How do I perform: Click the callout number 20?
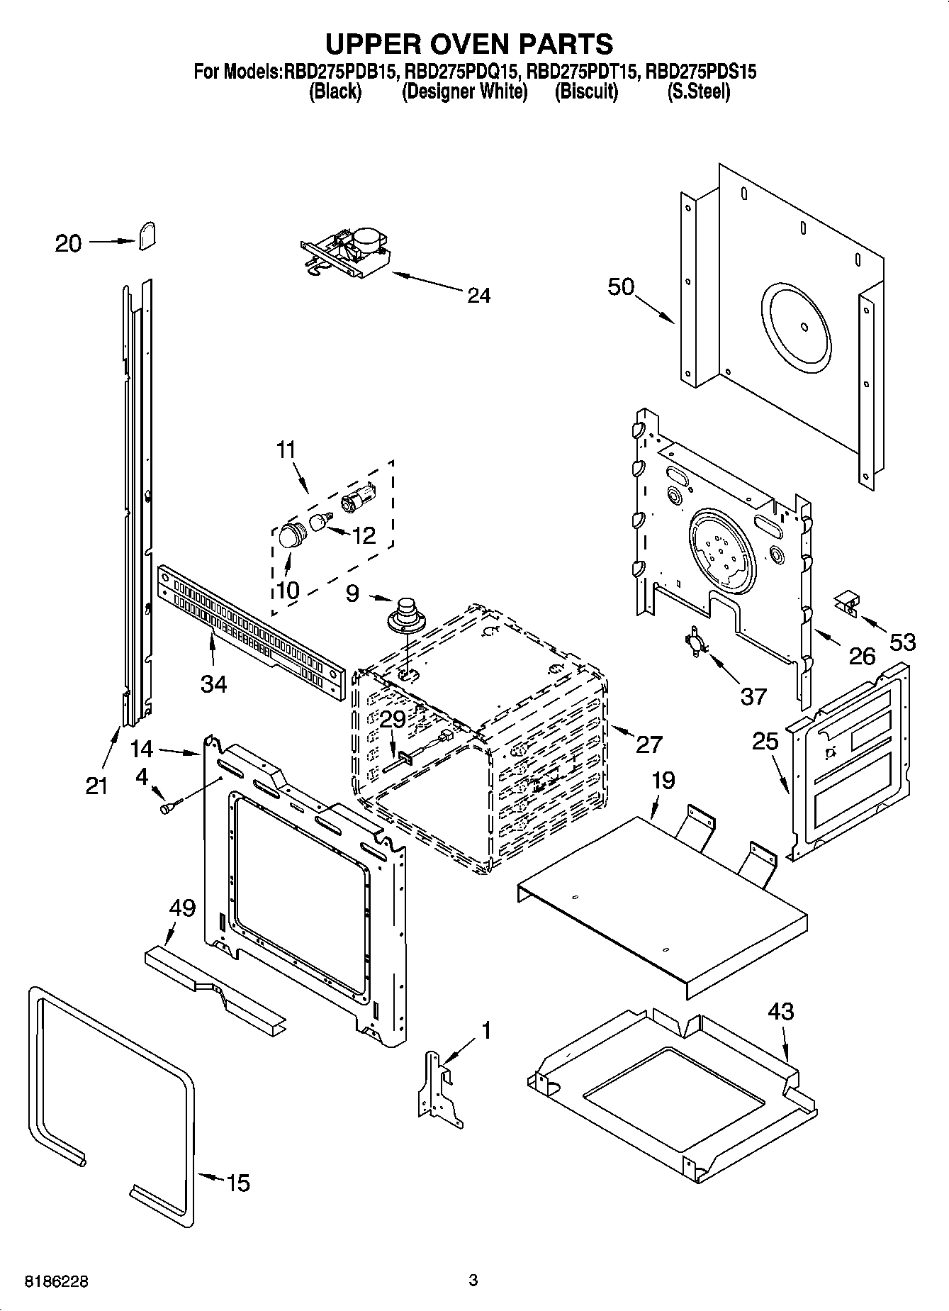pos(68,243)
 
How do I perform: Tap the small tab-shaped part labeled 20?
pos(147,235)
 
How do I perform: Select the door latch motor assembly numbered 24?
pos(347,253)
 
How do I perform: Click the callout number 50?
pos(620,286)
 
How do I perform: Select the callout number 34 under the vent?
pos(213,684)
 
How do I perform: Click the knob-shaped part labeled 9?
pos(406,613)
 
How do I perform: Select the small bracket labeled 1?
pos(439,1088)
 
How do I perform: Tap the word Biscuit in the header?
pos(586,91)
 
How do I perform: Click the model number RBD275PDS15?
pos(702,71)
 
